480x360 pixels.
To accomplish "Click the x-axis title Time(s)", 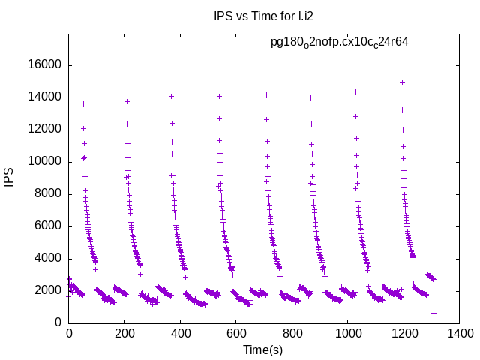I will pyautogui.click(x=262, y=349).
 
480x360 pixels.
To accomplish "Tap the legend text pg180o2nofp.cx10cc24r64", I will pyautogui.click(x=339, y=42).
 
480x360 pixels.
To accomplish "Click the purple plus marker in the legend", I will pyautogui.click(x=430, y=43).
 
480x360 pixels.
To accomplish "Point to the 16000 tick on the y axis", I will pyautogui.click(x=46, y=65).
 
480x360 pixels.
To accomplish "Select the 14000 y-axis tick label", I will pyautogui.click(x=46, y=97).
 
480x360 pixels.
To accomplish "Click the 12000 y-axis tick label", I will pyautogui.click(x=46, y=130).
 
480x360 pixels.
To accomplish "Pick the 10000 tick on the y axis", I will pyautogui.click(x=46, y=162).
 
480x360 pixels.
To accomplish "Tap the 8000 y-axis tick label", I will pyautogui.click(x=49, y=194).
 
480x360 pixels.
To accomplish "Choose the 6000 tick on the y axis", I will pyautogui.click(x=49, y=226).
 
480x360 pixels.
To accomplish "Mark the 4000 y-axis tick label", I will pyautogui.click(x=49, y=259).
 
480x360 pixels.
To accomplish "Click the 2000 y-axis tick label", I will pyautogui.click(x=49, y=291).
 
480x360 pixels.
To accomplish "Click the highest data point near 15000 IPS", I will pyautogui.click(x=402, y=82).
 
